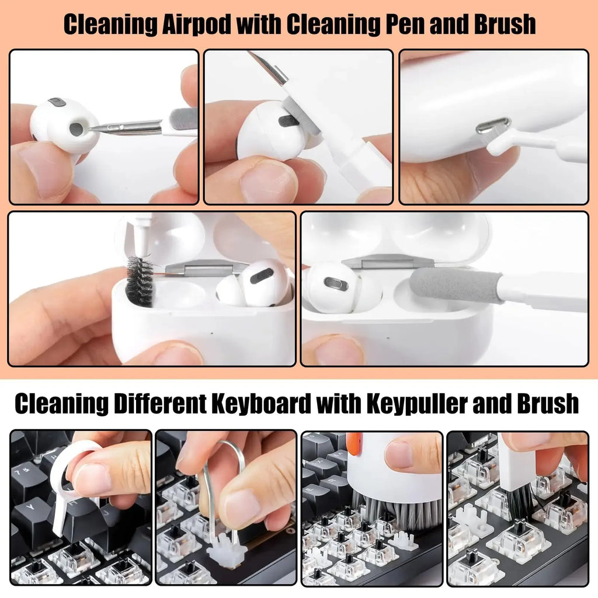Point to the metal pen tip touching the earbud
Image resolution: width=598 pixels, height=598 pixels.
pyautogui.click(x=102, y=128)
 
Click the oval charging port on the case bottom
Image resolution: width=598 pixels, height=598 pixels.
pyautogui.click(x=492, y=124)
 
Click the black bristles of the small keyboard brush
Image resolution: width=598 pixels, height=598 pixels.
pyautogui.click(x=520, y=499)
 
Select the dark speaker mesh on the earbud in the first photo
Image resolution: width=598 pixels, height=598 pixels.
pyautogui.click(x=76, y=129)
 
